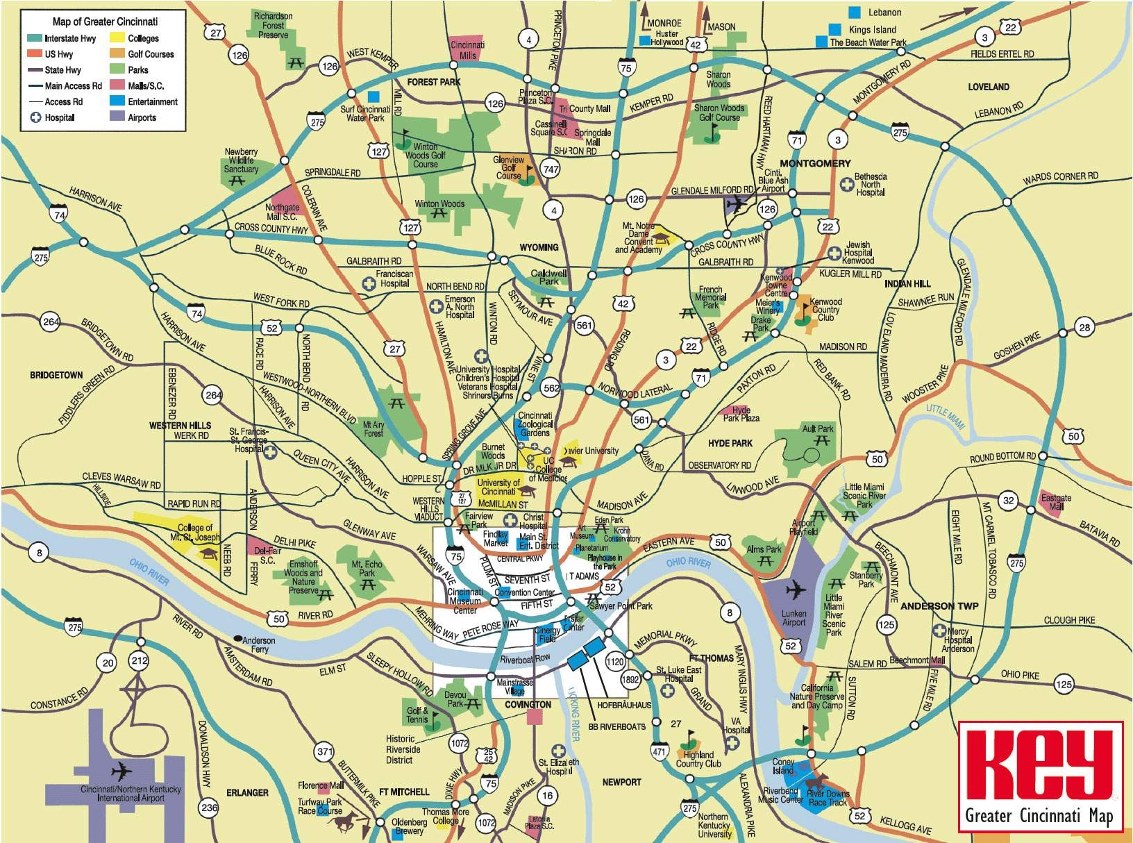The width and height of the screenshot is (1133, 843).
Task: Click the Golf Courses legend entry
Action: pyautogui.click(x=150, y=54)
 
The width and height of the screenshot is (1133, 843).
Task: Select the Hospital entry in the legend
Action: pyautogui.click(x=59, y=117)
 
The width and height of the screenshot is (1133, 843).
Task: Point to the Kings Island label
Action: pyautogui.click(x=872, y=30)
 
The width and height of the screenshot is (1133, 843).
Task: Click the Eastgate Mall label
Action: pyautogui.click(x=1056, y=502)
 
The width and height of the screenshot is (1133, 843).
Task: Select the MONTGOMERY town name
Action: pyautogui.click(x=815, y=163)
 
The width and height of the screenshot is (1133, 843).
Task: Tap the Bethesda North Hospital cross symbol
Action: pyautogui.click(x=846, y=184)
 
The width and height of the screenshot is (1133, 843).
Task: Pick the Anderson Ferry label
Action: pyautogui.click(x=258, y=644)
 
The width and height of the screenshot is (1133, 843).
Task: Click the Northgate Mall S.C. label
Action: pyautogui.click(x=282, y=211)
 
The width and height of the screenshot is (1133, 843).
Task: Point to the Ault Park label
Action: pyautogui.click(x=818, y=428)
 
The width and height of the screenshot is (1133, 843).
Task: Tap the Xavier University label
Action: pyautogui.click(x=591, y=451)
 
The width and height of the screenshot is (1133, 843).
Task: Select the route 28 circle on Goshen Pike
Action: pyautogui.click(x=1084, y=328)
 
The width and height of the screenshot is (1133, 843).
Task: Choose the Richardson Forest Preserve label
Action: pyautogui.click(x=273, y=25)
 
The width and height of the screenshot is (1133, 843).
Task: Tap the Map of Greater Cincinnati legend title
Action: pyautogui.click(x=105, y=22)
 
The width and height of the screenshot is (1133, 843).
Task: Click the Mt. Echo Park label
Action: pyautogui.click(x=367, y=569)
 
